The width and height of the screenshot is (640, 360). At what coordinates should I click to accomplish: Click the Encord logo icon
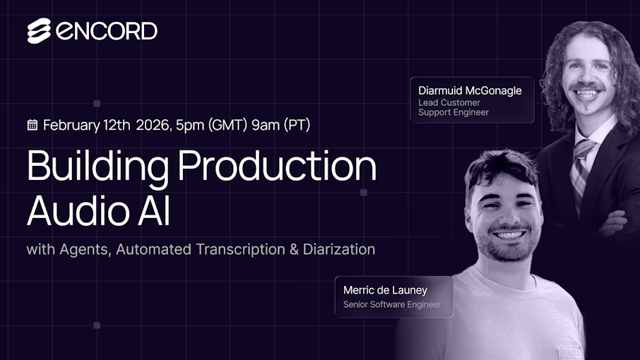[39, 30]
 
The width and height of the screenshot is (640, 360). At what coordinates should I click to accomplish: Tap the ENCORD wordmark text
[107, 31]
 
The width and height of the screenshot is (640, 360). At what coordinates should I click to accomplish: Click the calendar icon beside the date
[32, 125]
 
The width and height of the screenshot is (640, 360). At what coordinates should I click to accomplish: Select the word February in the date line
[71, 125]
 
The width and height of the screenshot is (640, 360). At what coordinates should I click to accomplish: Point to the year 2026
[153, 125]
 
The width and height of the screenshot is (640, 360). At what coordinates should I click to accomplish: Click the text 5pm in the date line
[190, 126]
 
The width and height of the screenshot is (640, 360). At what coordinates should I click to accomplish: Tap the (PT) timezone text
[297, 125]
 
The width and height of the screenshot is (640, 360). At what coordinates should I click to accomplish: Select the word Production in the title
[278, 166]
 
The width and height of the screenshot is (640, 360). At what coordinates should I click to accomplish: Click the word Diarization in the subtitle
[339, 249]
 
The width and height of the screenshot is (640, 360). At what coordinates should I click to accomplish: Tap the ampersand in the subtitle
[294, 249]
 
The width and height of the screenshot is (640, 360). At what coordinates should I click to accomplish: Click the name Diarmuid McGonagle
[470, 90]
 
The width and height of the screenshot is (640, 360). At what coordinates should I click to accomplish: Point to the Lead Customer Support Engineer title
[453, 107]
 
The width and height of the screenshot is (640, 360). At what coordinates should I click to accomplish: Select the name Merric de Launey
[385, 290]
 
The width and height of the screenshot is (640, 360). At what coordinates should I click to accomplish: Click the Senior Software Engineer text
[392, 304]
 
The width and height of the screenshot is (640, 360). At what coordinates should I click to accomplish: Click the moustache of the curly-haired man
[586, 86]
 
